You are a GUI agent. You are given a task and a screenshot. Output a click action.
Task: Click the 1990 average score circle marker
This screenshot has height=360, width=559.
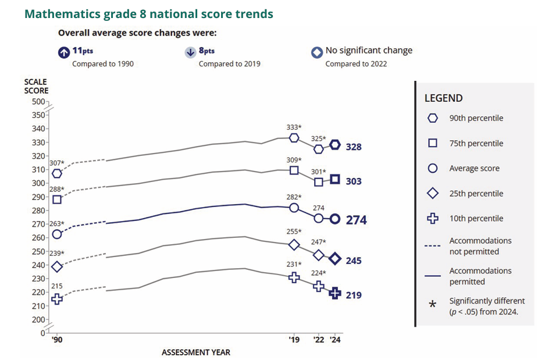point(57,234)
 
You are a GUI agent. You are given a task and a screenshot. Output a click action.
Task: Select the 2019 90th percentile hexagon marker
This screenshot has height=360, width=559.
point(294,138)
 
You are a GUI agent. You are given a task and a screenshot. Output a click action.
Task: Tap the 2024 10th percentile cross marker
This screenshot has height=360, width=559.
point(335,293)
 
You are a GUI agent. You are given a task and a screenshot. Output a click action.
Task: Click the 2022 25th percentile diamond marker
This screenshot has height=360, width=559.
point(319,255)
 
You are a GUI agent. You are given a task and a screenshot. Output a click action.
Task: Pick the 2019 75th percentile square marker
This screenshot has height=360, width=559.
point(294,170)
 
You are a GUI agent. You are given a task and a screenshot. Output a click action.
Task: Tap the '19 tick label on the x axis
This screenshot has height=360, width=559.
point(295,340)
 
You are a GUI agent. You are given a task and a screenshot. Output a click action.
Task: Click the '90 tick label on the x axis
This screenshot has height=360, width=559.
point(56,340)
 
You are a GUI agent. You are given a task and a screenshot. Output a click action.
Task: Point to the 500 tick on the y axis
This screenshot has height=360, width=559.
point(38,102)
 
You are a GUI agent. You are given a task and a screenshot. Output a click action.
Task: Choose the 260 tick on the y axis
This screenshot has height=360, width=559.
point(38,238)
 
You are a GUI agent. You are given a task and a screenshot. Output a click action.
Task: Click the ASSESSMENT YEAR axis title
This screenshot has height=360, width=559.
point(195,352)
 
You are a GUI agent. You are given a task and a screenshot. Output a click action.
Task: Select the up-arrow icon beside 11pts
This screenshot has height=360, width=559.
point(63,52)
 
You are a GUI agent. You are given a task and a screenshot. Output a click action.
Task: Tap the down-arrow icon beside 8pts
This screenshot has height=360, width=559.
point(190,52)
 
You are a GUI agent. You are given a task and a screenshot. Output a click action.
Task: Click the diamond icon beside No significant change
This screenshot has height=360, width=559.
point(317,52)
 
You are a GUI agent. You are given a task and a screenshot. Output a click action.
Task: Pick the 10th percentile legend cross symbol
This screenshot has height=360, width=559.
point(433,219)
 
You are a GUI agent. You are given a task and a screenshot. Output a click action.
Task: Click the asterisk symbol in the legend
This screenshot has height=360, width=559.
point(432,305)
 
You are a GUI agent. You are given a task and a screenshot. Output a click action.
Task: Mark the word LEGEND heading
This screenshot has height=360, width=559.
point(443,98)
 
